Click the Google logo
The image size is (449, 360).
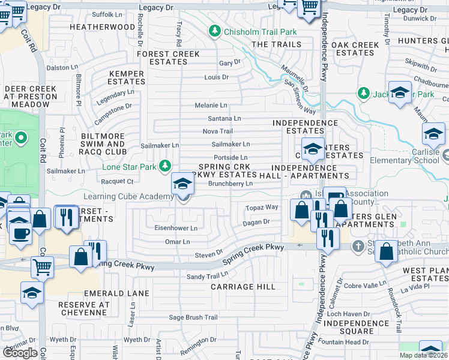pyautogui.click(x=20, y=353)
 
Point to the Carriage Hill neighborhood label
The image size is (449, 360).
pyautogui.click(x=243, y=287)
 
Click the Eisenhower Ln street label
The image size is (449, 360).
pyautogui.click(x=175, y=228)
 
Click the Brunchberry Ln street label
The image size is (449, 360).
pyautogui.click(x=230, y=184)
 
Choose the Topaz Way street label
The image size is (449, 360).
pyautogui.click(x=262, y=207)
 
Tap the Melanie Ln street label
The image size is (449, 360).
pyautogui.click(x=211, y=105)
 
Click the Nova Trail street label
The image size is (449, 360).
pyautogui.click(x=217, y=131)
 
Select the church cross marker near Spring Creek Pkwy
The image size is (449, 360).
pyautogui.click(x=358, y=246)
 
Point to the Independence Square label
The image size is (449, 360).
pyautogui.click(x=348, y=327)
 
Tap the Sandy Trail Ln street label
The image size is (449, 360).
pyautogui.click(x=207, y=277)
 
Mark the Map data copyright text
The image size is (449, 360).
pyautogui.click(x=423, y=355)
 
